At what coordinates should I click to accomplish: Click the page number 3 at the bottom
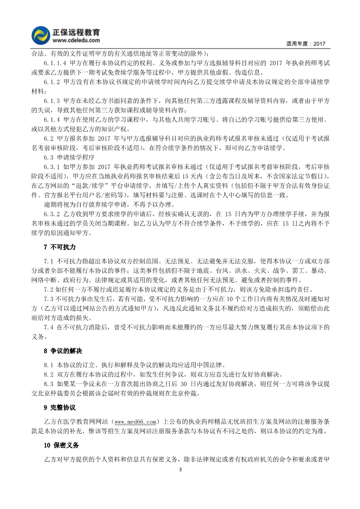(x=180, y=470)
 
